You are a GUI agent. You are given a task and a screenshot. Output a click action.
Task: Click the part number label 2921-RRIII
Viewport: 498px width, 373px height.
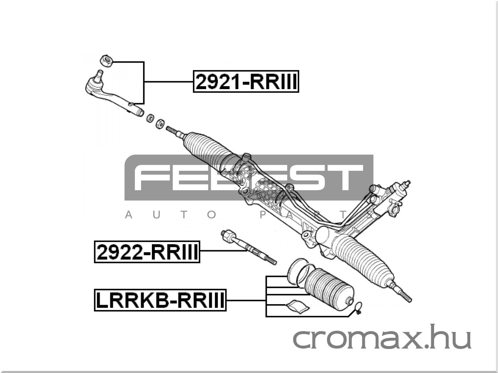tap(246, 82)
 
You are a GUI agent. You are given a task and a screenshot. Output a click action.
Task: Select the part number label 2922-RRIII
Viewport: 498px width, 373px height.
tap(147, 252)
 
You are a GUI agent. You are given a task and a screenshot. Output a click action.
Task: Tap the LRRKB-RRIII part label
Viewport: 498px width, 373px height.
tap(160, 300)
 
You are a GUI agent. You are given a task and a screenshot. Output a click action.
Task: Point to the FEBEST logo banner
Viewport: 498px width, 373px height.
tap(249, 177)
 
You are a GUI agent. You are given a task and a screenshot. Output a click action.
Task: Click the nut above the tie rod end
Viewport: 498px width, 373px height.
tap(107, 61)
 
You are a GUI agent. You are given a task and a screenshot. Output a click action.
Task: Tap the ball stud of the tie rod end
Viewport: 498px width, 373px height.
tap(98, 76)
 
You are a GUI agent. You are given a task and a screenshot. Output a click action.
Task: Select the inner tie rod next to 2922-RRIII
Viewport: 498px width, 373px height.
tap(249, 247)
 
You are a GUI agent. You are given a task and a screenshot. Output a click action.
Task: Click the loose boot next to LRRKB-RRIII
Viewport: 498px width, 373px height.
tap(329, 290)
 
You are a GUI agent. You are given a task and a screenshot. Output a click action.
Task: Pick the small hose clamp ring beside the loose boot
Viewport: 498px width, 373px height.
tap(358, 308)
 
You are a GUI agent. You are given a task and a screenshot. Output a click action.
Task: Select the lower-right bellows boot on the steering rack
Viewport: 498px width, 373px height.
tap(363, 260)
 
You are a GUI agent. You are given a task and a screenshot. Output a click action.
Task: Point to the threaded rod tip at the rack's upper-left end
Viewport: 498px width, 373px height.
tap(172, 131)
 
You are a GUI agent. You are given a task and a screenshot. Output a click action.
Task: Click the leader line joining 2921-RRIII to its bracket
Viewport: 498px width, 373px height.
tap(169, 82)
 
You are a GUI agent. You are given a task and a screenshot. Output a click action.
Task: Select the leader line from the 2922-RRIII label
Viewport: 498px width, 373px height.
tap(223, 251)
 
